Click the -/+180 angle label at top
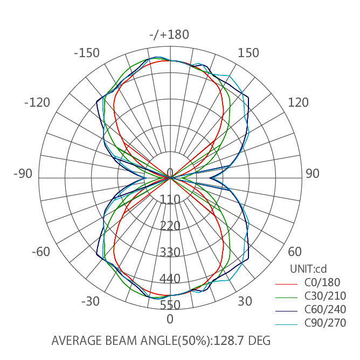tap(170, 35)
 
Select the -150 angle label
tap(87, 53)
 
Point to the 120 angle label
tap(298, 102)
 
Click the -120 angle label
tap(37, 102)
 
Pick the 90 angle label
tap(313, 174)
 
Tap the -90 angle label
tap(23, 174)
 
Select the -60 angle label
tap(41, 252)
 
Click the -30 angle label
tap(91, 301)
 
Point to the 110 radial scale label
tap(170, 200)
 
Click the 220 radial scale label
tap(170, 226)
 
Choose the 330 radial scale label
tap(170, 252)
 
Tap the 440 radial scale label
tap(170, 279)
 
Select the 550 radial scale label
tap(170, 305)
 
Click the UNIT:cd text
tap(308, 268)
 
